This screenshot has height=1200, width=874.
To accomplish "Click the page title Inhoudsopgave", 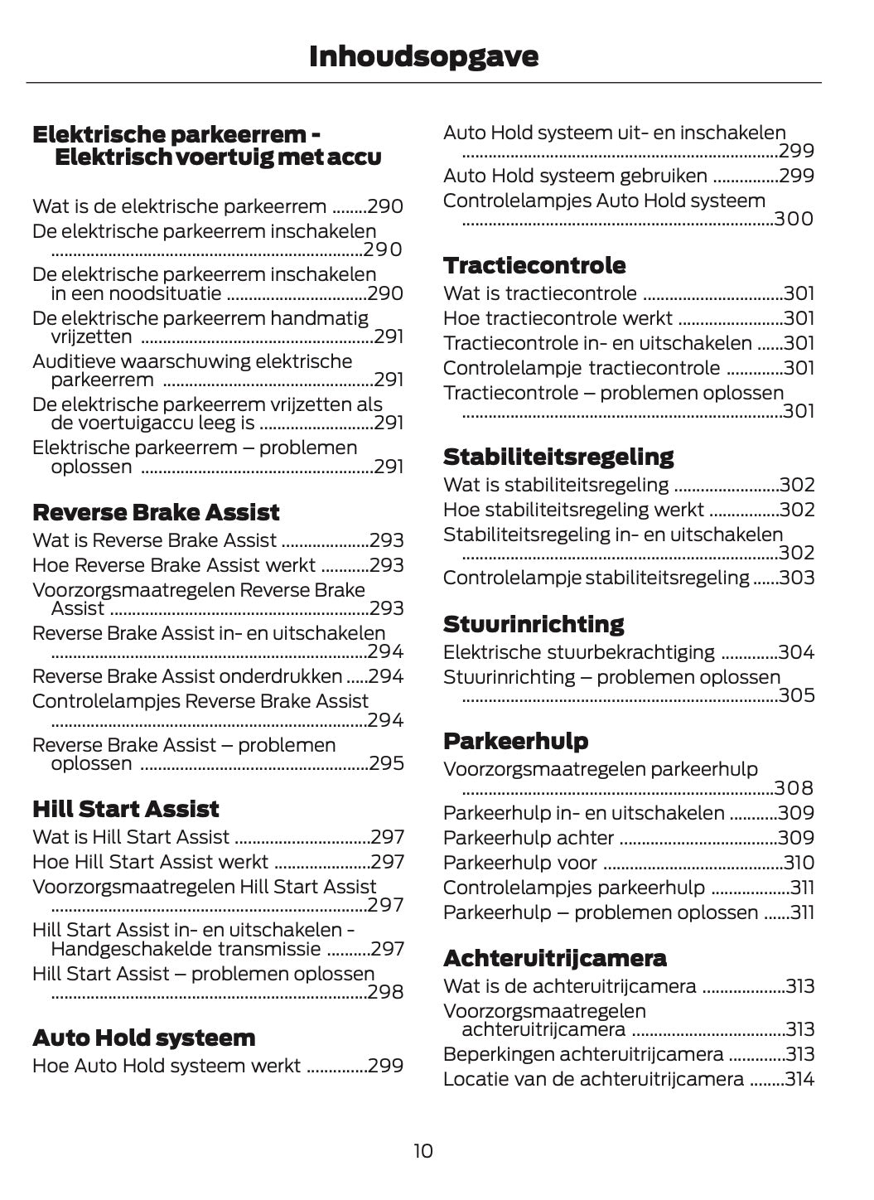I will [x=423, y=56].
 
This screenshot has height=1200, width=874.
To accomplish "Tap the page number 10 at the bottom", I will [x=423, y=1150].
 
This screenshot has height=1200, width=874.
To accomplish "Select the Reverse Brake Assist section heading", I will [x=156, y=512].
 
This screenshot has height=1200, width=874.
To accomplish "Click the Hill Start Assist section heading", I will [x=126, y=809].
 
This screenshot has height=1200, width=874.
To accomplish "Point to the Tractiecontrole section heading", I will [x=534, y=265].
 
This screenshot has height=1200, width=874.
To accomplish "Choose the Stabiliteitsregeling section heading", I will [x=558, y=457].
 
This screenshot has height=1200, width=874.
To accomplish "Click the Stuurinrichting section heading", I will [x=534, y=624].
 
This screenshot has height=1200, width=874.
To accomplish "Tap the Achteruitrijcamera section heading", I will [x=554, y=958].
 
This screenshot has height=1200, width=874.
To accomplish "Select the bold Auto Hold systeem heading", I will [x=144, y=1038].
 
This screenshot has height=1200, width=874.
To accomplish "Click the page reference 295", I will [x=386, y=763].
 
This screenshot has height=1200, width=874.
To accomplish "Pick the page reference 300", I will [x=794, y=219].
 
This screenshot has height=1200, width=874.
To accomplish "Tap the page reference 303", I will [x=797, y=578].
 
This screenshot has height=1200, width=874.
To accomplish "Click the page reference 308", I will [x=794, y=788].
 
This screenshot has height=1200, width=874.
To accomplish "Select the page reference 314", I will [x=799, y=1079].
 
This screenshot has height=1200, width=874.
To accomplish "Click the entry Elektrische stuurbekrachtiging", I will [x=579, y=652].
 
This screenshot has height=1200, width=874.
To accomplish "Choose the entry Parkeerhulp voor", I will [x=520, y=863].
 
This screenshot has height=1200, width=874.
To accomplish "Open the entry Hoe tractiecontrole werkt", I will [x=558, y=318].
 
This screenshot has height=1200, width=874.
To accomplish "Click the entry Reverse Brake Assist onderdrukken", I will [x=187, y=676].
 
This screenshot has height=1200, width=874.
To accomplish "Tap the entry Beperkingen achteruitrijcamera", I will [x=583, y=1054].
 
